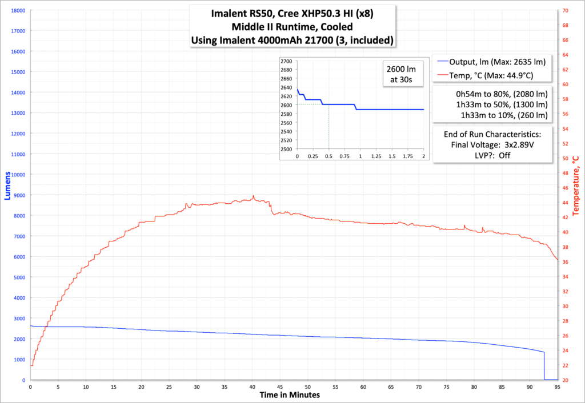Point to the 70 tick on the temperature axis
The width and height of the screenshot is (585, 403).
pyautogui.click(x=564, y=10)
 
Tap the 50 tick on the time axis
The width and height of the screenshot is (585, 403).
pyautogui.click(x=308, y=386)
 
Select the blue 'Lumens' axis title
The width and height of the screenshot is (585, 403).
pyautogui.click(x=7, y=195)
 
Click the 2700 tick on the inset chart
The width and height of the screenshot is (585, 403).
pyautogui.click(x=286, y=61)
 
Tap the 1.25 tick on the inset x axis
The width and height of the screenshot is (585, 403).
pyautogui.click(x=376, y=156)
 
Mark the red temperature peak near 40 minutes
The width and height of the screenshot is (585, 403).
pyautogui.click(x=253, y=196)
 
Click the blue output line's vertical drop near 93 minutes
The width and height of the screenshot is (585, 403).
pyautogui.click(x=544, y=365)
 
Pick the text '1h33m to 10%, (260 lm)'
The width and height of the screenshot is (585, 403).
pyautogui.click(x=504, y=115)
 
